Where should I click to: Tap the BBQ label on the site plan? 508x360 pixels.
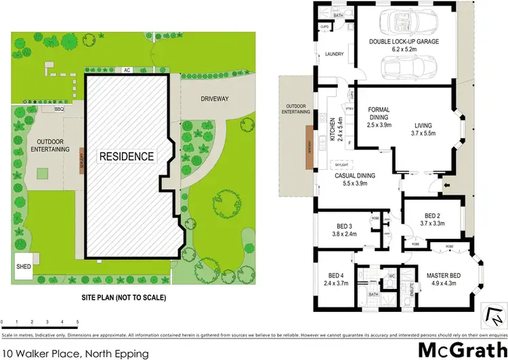point(49,108)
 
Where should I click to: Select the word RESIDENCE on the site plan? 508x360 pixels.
point(127,156)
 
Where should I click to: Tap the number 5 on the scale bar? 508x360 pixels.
point(78,321)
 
